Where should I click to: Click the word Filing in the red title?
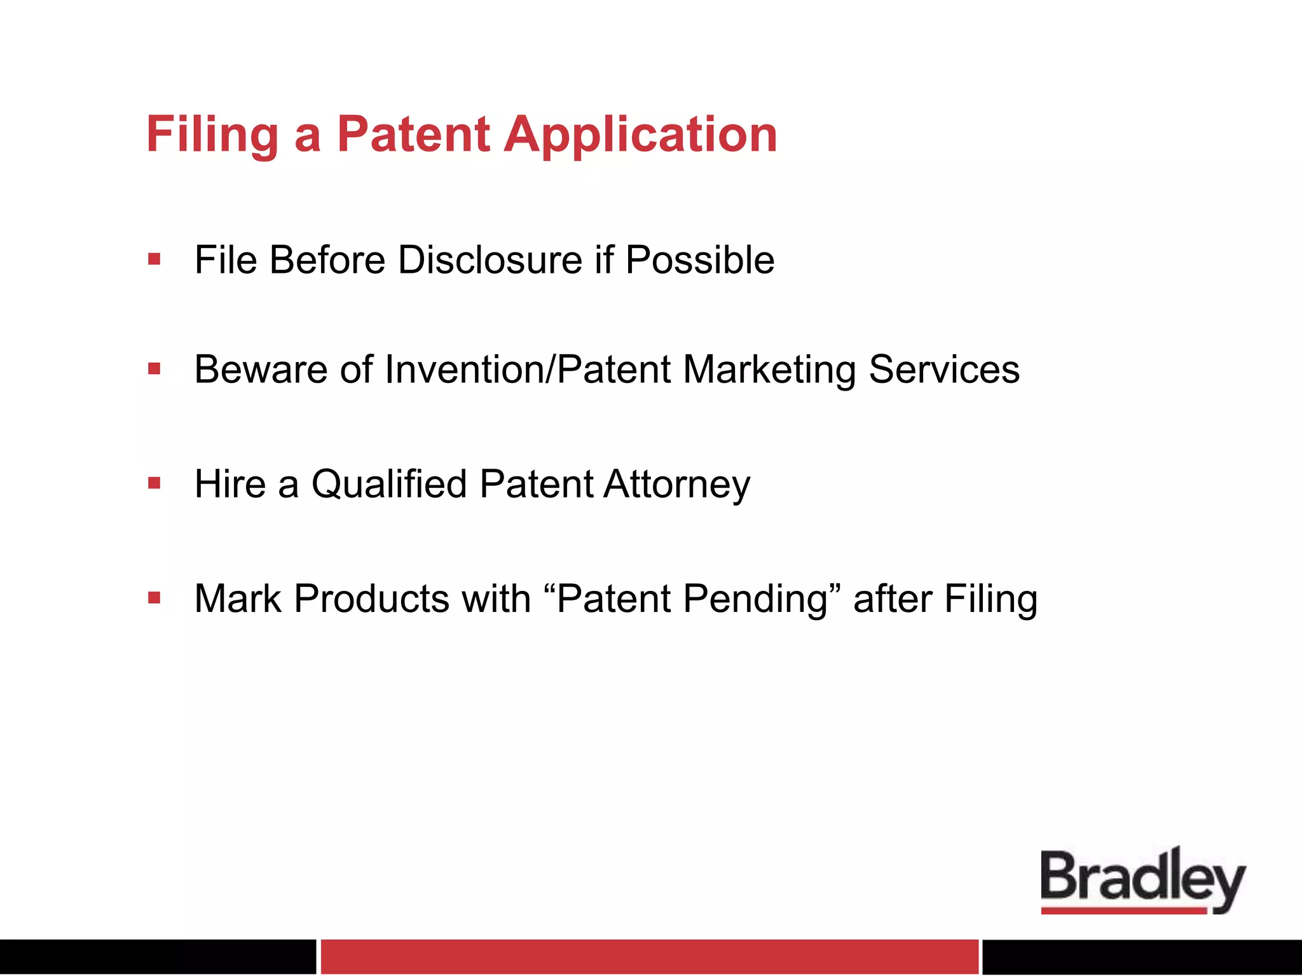pos(212,135)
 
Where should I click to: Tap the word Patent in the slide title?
pos(413,135)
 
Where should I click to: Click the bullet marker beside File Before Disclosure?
pos(154,259)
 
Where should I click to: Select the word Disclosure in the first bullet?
pos(490,260)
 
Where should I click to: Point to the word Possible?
pos(699,260)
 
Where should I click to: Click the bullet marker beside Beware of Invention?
pos(154,368)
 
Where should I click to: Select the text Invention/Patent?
pos(528,370)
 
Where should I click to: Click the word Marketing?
pos(769,370)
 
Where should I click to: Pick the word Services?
pos(944,370)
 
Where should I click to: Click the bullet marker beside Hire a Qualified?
pos(154,483)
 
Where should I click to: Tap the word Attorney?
pos(677,485)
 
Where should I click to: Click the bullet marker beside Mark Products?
pos(154,597)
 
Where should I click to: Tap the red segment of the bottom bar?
pos(648,956)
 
